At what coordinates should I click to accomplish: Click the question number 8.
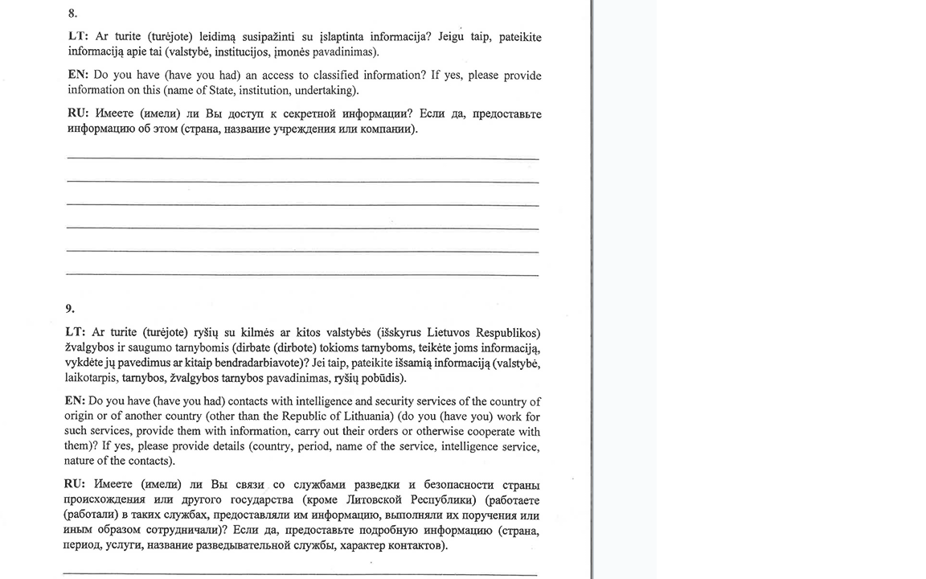click(72, 14)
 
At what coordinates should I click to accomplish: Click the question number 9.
click(70, 308)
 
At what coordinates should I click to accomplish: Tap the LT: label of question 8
click(78, 37)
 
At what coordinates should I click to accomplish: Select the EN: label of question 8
click(78, 76)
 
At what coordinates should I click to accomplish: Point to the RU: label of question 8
click(78, 114)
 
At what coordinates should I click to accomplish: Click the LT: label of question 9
click(76, 333)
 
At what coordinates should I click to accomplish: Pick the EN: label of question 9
click(75, 401)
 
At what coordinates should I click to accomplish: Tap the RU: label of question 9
click(75, 485)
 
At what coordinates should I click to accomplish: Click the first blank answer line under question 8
click(303, 158)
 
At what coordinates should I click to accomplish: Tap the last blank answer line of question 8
click(303, 275)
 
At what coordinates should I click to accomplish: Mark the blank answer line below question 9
click(300, 574)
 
